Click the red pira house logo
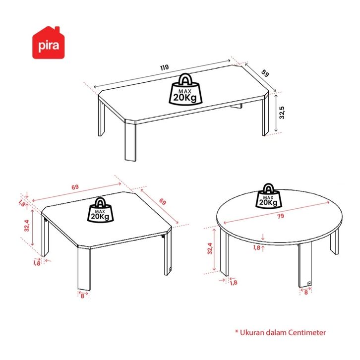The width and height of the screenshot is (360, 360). [48, 43]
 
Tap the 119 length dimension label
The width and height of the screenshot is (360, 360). [165, 67]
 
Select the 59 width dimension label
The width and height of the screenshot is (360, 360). [265, 73]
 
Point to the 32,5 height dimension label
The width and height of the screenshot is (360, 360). [282, 113]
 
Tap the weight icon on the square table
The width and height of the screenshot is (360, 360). [100, 210]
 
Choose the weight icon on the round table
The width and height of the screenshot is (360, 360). [268, 196]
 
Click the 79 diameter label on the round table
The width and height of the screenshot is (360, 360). [280, 216]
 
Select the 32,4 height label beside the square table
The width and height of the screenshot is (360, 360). [27, 226]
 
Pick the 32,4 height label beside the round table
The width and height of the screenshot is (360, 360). [210, 248]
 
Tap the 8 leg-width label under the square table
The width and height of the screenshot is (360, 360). [82, 296]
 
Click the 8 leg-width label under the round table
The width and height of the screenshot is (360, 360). [306, 293]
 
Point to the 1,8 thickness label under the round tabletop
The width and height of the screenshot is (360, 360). [257, 247]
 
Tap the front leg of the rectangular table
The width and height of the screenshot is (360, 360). [130, 141]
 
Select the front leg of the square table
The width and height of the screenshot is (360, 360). [84, 269]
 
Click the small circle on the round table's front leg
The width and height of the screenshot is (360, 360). [309, 284]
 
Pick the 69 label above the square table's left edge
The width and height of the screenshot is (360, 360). [75, 187]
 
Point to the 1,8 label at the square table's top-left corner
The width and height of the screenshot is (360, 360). [21, 203]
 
